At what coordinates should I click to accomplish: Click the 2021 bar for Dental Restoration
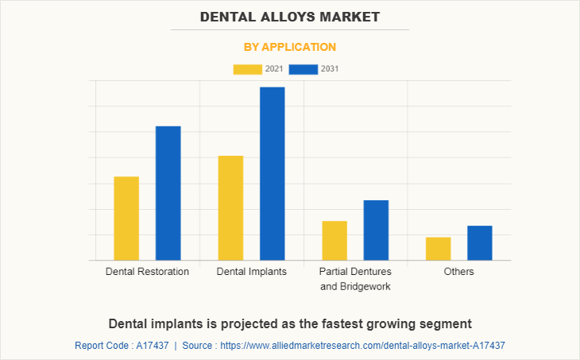[126, 219]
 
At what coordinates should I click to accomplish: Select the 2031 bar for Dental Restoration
[168, 193]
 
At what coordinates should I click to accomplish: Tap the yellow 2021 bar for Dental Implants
[230, 208]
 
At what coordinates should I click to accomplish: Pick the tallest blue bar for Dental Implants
[272, 173]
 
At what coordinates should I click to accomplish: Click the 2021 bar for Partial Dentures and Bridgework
[334, 240]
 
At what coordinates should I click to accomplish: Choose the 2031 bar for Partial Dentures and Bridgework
[376, 230]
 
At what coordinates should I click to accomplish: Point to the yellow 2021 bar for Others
[438, 249]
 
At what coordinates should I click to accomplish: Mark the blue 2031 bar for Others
[479, 242]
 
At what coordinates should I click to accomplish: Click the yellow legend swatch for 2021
[247, 69]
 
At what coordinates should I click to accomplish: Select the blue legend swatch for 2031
[304, 69]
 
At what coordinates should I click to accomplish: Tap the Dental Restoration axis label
[147, 272]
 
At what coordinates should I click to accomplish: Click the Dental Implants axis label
[252, 272]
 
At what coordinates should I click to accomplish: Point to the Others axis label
[459, 272]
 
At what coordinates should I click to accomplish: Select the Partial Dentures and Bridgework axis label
[355, 279]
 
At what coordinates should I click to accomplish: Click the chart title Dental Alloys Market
[290, 16]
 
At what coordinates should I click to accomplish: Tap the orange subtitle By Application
[290, 47]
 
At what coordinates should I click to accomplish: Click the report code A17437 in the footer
[150, 346]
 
